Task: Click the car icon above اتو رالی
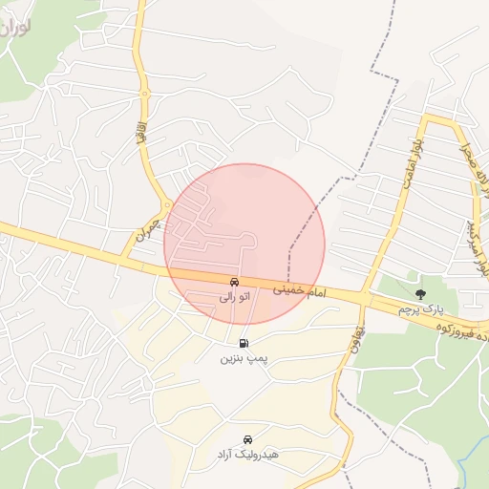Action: [x=234, y=283]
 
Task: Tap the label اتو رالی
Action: [x=234, y=298]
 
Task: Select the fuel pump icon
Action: [x=244, y=343]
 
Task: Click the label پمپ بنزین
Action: [x=240, y=359]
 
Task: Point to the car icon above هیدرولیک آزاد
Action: [x=248, y=439]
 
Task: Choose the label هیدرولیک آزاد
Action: [x=247, y=456]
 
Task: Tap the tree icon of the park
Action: [x=420, y=293]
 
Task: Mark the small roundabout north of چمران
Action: [x=167, y=204]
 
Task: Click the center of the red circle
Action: [x=244, y=244]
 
